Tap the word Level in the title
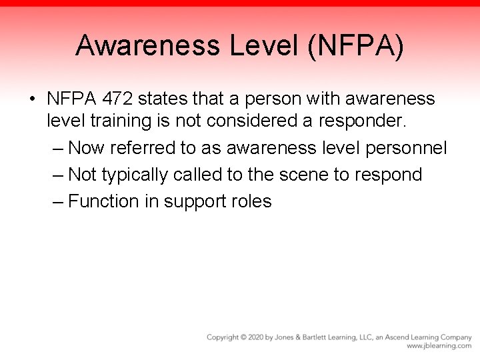coord(263,46)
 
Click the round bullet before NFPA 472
coord(32,100)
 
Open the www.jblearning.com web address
coord(439,347)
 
